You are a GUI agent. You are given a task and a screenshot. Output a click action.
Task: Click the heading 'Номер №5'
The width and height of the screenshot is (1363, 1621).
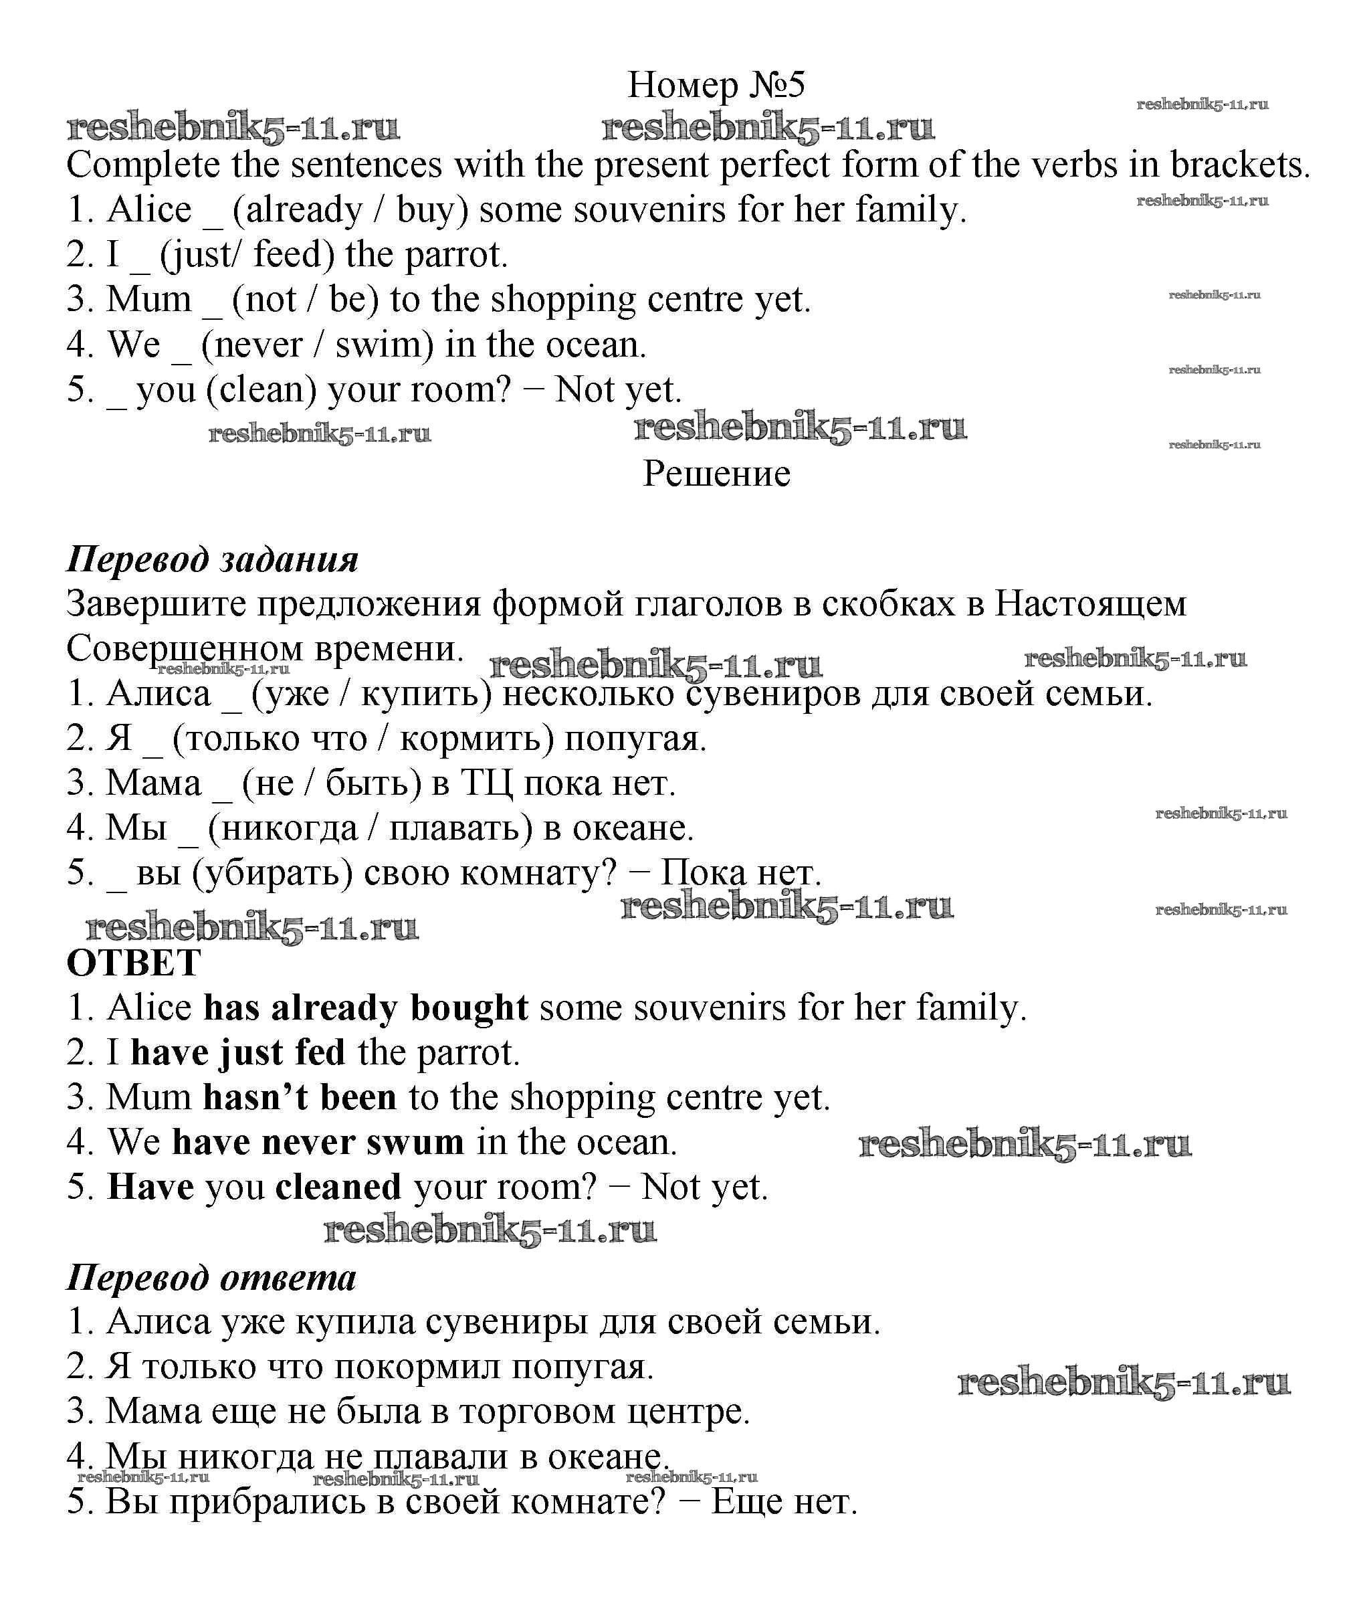point(716,85)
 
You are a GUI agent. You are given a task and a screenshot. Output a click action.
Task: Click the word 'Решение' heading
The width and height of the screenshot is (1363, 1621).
point(716,474)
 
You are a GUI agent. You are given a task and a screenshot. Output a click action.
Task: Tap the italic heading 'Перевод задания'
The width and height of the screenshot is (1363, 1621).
point(213,559)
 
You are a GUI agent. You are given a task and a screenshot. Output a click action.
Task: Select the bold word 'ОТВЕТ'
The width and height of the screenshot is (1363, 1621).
point(134,963)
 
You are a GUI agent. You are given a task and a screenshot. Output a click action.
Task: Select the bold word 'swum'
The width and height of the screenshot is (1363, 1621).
point(415,1143)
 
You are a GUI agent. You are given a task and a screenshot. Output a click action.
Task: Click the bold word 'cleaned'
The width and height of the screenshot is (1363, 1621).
point(338,1187)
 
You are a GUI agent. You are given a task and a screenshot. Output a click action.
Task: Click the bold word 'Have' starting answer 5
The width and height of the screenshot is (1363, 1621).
point(150,1187)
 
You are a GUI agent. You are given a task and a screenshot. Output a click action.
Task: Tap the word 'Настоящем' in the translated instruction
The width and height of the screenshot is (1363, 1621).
point(1089,603)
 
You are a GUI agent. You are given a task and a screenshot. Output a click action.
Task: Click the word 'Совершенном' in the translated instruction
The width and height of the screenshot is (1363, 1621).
point(185,648)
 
